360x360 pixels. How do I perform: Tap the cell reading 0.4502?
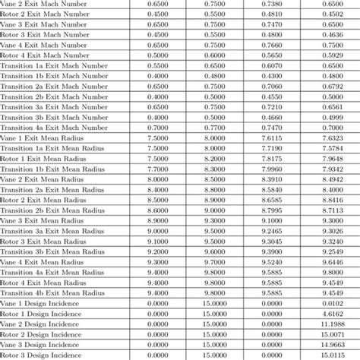tap(332, 14)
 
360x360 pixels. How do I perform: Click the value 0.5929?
tap(332, 55)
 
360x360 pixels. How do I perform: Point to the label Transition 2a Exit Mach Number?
tap(54, 86)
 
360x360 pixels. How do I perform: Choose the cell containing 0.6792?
tap(332, 86)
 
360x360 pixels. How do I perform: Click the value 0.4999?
tap(332, 117)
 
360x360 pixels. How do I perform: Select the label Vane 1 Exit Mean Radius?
tap(43, 137)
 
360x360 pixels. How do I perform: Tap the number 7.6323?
tap(332, 137)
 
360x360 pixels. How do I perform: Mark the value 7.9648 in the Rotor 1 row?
tap(332, 158)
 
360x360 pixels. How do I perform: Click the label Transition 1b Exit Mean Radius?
tap(52, 169)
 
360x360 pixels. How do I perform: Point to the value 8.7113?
tap(332, 210)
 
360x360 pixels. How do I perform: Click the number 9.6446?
tap(332, 261)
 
